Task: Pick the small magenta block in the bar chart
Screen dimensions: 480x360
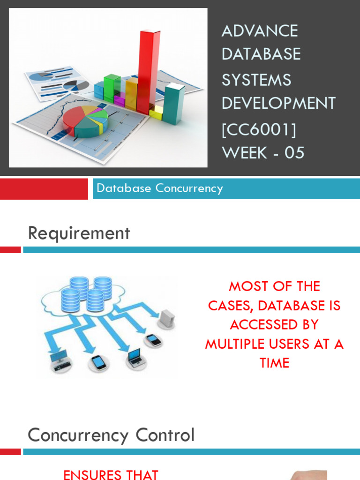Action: click(x=120, y=99)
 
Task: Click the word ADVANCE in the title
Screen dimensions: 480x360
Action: click(x=259, y=31)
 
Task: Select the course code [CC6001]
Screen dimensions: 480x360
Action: click(x=259, y=129)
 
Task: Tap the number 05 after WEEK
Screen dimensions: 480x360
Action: click(x=294, y=153)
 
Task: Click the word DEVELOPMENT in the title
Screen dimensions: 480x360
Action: click(x=278, y=103)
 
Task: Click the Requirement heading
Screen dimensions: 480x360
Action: click(x=79, y=233)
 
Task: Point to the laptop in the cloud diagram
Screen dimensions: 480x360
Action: click(x=135, y=358)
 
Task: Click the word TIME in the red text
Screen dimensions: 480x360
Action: click(x=274, y=363)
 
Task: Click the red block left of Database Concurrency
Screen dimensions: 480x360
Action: click(x=44, y=188)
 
